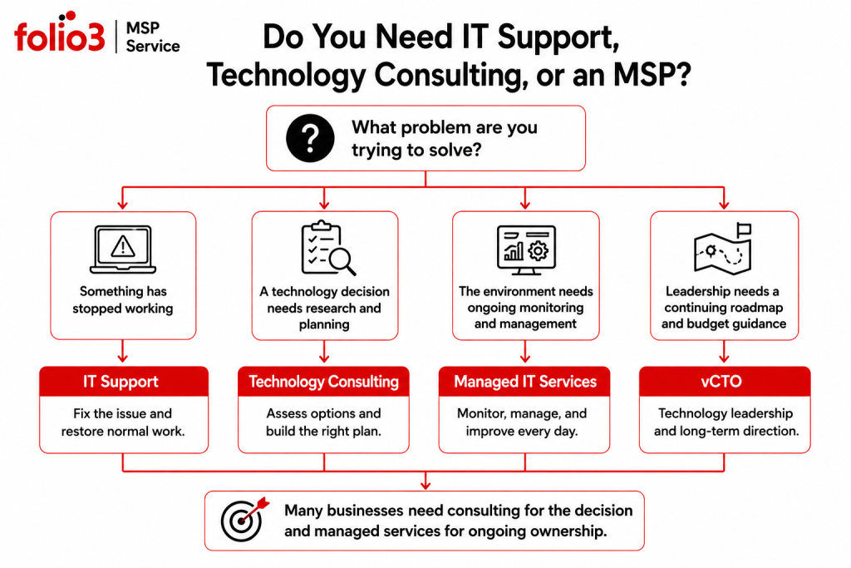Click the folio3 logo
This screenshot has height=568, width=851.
60,32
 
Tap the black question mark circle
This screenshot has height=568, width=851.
310,138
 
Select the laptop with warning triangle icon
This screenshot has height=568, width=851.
123,249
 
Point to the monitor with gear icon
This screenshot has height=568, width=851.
526,249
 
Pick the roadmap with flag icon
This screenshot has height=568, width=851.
724,248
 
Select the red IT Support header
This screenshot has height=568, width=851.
124,381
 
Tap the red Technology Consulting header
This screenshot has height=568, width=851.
323,381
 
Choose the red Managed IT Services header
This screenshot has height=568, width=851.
524,381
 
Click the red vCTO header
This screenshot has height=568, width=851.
725,381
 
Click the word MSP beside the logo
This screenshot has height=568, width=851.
143,27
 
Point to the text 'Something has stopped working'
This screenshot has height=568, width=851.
123,299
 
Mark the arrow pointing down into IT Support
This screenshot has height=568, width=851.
123,351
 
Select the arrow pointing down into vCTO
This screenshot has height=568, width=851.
724,351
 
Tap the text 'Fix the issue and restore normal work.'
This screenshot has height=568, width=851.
123,422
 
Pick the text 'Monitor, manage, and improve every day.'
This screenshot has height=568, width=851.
522,422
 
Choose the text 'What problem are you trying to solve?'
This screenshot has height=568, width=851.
445,139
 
